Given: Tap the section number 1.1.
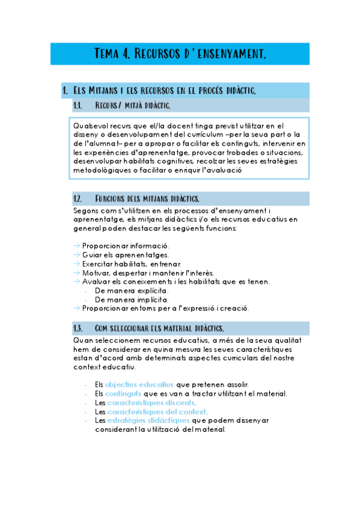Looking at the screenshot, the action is point(77,106).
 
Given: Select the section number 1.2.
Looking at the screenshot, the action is point(77,198).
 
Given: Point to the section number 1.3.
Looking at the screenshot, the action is point(77,328).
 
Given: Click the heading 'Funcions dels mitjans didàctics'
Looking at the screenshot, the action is point(147,198).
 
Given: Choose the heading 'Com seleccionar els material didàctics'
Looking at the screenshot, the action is point(160,328).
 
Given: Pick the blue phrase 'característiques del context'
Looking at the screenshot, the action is point(157,412).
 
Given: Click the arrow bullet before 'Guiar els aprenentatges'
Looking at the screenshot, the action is point(76,254).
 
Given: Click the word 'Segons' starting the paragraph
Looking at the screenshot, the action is point(87,211).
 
